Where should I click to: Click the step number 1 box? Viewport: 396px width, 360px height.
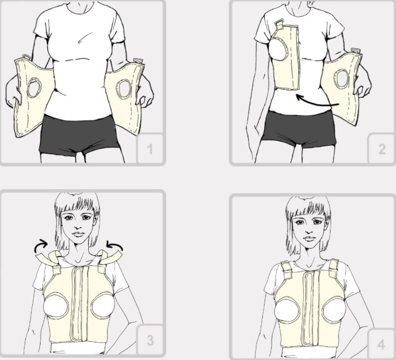click(x=150, y=148)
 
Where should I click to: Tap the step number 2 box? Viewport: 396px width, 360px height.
click(x=382, y=148)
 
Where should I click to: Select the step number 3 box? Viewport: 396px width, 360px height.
click(x=150, y=340)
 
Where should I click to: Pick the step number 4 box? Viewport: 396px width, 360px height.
click(x=381, y=344)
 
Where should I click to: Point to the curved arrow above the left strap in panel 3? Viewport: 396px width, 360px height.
click(x=41, y=246)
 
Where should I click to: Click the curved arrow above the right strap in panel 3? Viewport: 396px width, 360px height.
click(x=114, y=245)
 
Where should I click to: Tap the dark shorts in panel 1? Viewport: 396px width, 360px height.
click(x=79, y=134)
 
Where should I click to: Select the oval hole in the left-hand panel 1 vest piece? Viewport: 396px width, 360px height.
click(x=34, y=87)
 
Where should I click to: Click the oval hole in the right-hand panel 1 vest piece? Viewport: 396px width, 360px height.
click(x=124, y=89)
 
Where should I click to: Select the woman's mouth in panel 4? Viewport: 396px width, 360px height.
click(x=309, y=238)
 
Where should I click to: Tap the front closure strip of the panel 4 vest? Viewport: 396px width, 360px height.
click(x=311, y=308)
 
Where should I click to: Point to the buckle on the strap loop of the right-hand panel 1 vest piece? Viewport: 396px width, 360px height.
click(x=138, y=61)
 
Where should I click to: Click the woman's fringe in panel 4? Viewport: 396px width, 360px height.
click(x=308, y=209)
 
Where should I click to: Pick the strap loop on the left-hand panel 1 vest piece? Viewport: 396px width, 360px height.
click(x=26, y=57)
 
